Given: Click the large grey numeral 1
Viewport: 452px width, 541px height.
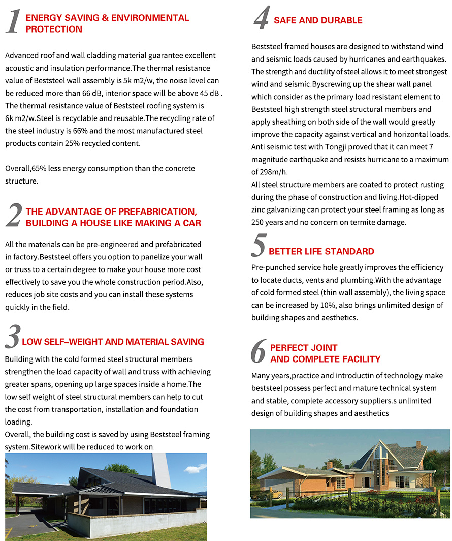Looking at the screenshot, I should (x=13, y=22).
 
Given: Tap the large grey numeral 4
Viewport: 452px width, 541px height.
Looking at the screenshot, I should (x=261, y=19).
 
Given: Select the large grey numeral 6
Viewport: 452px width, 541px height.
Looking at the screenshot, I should (x=259, y=352).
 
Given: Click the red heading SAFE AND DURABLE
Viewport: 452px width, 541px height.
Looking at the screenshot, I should (x=318, y=21).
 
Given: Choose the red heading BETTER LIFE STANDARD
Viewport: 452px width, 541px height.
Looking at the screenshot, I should (x=321, y=252).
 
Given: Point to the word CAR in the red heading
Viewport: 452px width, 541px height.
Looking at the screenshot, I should (x=191, y=223).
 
